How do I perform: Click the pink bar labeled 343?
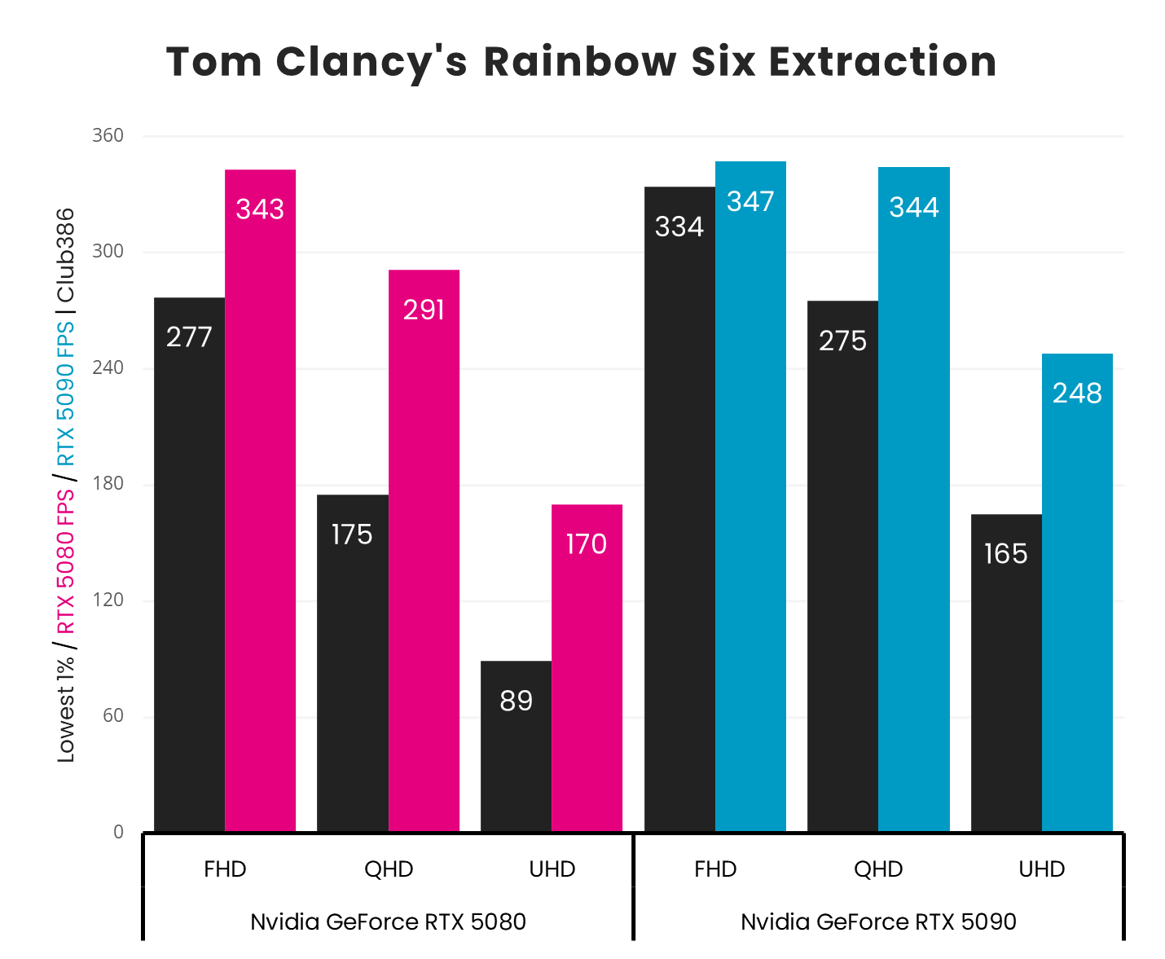[x=260, y=500]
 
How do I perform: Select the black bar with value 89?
[x=516, y=746]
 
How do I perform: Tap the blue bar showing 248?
[x=1077, y=592]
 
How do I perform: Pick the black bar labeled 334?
[x=679, y=509]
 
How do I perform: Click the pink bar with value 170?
[x=587, y=668]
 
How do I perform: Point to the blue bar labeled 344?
[x=914, y=499]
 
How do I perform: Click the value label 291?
[x=424, y=310]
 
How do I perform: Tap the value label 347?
[x=750, y=201]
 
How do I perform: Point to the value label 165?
[x=1005, y=554]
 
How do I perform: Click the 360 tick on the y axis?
[x=108, y=135]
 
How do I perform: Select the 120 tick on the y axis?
[x=108, y=600]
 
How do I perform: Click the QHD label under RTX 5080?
[x=389, y=869]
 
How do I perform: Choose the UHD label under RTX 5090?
[x=1042, y=869]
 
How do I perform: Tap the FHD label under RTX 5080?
[x=225, y=869]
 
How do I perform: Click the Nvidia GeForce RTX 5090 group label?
[x=878, y=922]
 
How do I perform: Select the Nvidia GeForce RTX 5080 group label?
[x=388, y=922]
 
